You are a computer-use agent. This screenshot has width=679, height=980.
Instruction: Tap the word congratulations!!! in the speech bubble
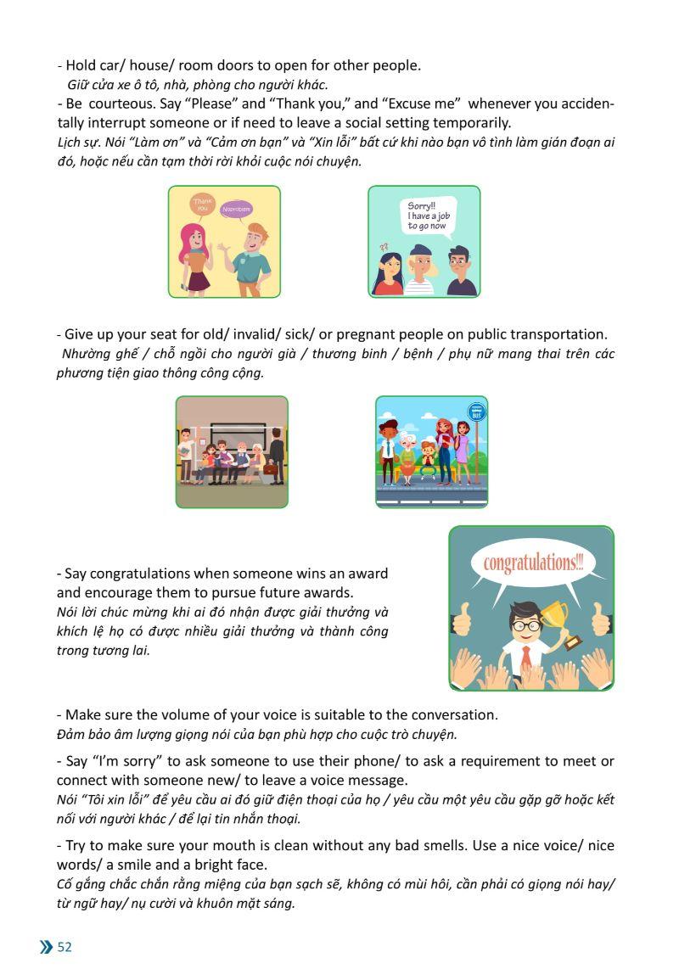[x=533, y=563]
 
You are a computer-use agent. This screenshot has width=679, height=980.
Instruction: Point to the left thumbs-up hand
[x=462, y=619]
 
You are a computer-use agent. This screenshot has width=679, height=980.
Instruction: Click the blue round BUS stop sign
[x=477, y=412]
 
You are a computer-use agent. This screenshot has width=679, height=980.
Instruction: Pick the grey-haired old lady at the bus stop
[x=407, y=454]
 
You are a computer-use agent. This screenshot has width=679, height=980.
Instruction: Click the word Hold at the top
[x=81, y=65]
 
